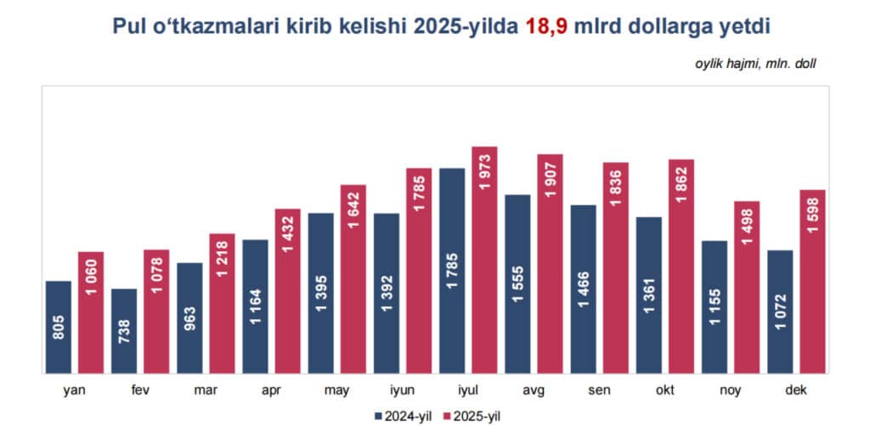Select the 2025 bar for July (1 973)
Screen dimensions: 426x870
[x=483, y=260]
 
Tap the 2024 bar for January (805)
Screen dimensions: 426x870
[x=58, y=327]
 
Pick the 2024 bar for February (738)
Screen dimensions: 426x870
[x=124, y=331]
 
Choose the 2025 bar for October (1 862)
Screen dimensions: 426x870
[x=681, y=266]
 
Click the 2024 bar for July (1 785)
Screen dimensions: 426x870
[x=452, y=271]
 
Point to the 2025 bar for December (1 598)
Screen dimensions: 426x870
[x=812, y=281]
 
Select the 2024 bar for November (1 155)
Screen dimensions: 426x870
[x=715, y=306]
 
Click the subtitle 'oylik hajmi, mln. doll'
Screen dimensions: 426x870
[x=757, y=62]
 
